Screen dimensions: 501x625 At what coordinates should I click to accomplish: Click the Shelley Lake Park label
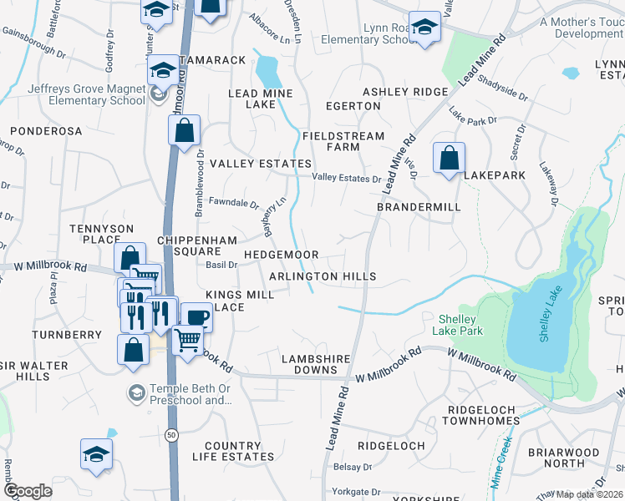456,325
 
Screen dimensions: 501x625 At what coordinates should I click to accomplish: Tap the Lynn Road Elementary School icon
425,27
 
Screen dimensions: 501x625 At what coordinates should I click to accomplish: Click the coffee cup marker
196,317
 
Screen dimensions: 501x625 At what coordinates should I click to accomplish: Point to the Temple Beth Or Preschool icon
135,392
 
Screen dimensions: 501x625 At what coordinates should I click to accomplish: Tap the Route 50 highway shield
172,435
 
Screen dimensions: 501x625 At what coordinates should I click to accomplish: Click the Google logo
28,491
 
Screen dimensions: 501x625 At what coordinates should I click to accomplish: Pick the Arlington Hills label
323,276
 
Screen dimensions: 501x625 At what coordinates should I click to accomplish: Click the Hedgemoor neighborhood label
281,254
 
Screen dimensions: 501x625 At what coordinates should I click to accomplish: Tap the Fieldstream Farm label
343,141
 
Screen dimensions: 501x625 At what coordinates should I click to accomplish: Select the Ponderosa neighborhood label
47,131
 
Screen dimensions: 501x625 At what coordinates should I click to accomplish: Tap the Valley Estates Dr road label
346,178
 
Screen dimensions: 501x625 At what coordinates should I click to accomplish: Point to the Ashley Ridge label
405,92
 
